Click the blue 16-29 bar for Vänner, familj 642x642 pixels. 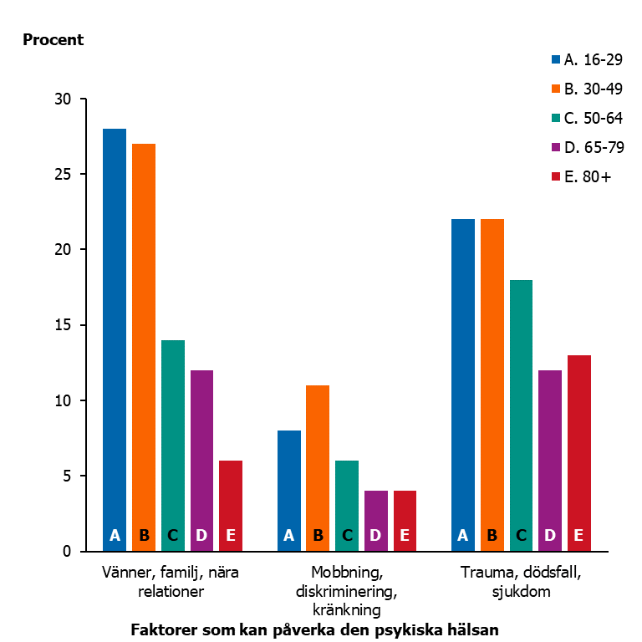click(x=115, y=334)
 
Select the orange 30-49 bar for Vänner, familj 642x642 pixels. click(x=144, y=343)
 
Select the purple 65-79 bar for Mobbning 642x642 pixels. click(x=375, y=518)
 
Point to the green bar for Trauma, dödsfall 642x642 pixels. click(x=521, y=410)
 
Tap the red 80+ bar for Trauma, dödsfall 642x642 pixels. click(x=578, y=451)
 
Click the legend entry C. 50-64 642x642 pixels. click(x=586, y=118)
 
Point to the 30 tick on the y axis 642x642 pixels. click(x=64, y=99)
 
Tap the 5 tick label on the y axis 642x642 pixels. click(x=68, y=476)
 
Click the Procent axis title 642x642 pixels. click(x=53, y=40)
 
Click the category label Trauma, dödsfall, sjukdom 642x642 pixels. click(x=520, y=582)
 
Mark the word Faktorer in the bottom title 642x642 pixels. click(x=164, y=630)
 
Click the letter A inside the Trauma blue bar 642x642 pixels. click(x=462, y=536)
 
